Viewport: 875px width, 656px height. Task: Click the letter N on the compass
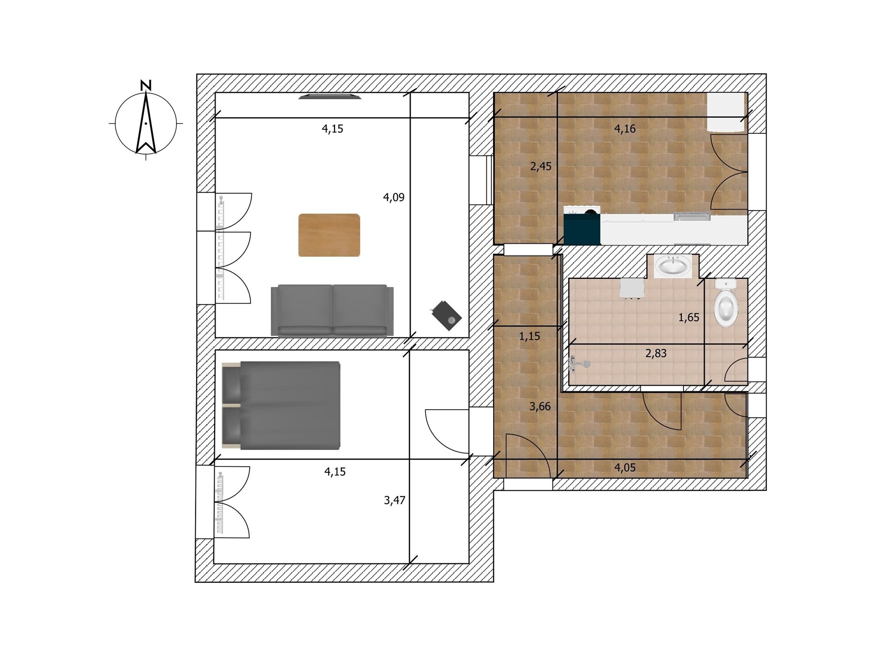(x=146, y=85)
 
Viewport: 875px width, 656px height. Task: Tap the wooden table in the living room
(x=329, y=235)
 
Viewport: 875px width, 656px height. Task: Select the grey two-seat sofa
(x=332, y=311)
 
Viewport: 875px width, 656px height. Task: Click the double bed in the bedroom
(x=281, y=405)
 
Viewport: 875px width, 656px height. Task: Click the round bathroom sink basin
(x=673, y=266)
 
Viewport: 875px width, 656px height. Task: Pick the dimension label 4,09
(x=394, y=197)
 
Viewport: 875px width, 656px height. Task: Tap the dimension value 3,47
(x=395, y=500)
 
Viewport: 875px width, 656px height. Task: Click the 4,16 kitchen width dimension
(x=625, y=129)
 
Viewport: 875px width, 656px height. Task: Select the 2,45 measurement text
(x=541, y=166)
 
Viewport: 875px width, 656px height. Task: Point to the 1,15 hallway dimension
(x=530, y=336)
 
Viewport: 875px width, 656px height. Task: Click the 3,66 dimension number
(x=540, y=406)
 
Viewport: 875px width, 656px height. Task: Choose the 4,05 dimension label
(x=625, y=467)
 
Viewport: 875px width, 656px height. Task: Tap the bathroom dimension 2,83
(x=656, y=353)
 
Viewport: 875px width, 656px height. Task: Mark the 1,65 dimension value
(x=689, y=318)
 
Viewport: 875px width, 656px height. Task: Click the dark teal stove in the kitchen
(x=582, y=225)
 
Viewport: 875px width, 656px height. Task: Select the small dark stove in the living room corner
(x=445, y=315)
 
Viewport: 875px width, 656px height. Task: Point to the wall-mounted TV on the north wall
(x=330, y=96)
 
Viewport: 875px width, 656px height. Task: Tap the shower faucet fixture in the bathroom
(x=580, y=364)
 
